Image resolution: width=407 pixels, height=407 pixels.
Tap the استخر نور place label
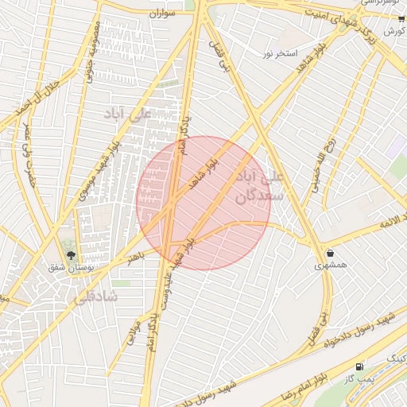[280, 54]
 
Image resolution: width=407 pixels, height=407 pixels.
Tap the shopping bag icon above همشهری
[329, 254]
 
